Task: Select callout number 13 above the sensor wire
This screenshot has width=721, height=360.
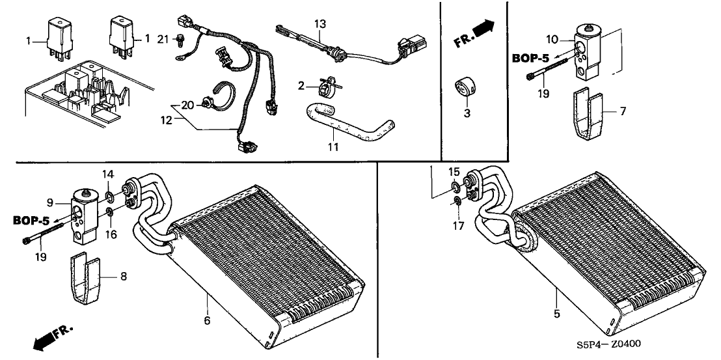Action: pos(319,24)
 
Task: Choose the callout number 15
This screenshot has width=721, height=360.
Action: pos(455,172)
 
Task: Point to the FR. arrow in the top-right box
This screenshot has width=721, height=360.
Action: pos(474,33)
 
